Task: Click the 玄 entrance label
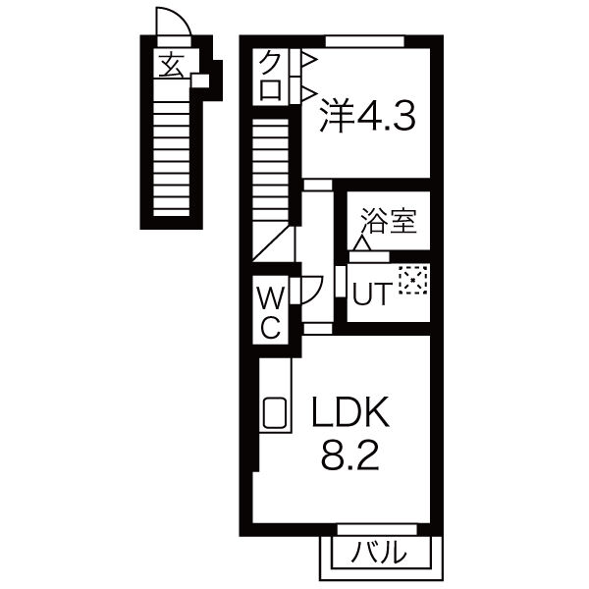(x=172, y=66)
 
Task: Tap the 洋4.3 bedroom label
(x=368, y=117)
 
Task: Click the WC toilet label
(x=272, y=311)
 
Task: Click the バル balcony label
(x=380, y=553)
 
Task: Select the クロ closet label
(x=272, y=76)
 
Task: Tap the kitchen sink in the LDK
(x=275, y=413)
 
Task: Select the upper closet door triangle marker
(x=307, y=61)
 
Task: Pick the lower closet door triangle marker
(x=307, y=93)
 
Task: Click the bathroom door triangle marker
(x=362, y=242)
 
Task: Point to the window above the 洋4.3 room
(x=365, y=40)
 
